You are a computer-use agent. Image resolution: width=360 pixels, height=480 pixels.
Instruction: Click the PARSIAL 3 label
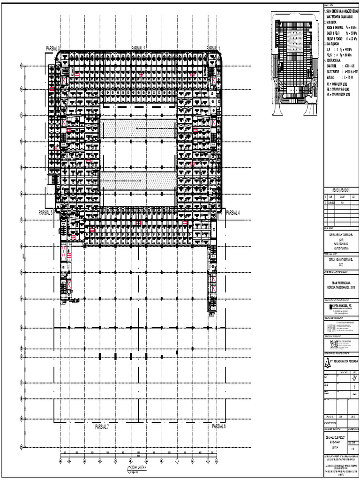point(53,48)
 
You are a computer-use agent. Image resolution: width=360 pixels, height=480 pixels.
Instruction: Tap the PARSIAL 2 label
point(139,48)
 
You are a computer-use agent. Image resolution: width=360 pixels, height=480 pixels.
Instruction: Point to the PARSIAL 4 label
point(233,212)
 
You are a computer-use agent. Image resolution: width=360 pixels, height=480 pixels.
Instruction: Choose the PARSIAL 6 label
point(219,426)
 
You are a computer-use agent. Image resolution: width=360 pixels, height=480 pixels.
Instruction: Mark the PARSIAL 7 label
point(102,427)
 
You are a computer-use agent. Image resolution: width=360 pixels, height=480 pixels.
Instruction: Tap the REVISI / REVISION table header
point(341,190)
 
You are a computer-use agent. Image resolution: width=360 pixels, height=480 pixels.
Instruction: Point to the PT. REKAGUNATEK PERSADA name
point(344,361)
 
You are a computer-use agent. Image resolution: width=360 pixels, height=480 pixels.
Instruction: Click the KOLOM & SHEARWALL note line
point(338,27)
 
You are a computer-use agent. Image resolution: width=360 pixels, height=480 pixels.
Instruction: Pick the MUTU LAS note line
point(338,75)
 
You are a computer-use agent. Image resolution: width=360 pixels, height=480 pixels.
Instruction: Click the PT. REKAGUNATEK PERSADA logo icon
point(327,361)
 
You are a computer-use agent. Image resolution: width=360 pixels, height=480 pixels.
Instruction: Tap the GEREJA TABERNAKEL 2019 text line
point(341,286)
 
